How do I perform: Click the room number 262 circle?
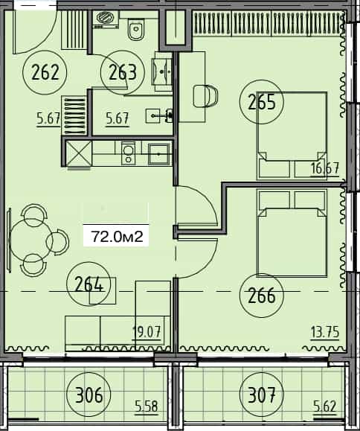coord(45,72)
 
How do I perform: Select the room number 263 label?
coord(122,72)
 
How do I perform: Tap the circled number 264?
coord(89,284)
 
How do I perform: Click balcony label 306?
coord(89,392)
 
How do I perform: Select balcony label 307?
coord(262,392)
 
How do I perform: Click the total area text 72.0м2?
coord(117,237)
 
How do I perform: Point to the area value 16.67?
coord(326,168)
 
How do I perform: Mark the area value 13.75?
coord(324,332)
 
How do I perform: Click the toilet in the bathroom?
coord(135,30)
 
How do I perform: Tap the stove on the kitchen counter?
coord(128,153)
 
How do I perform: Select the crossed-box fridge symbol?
coord(77,154)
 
